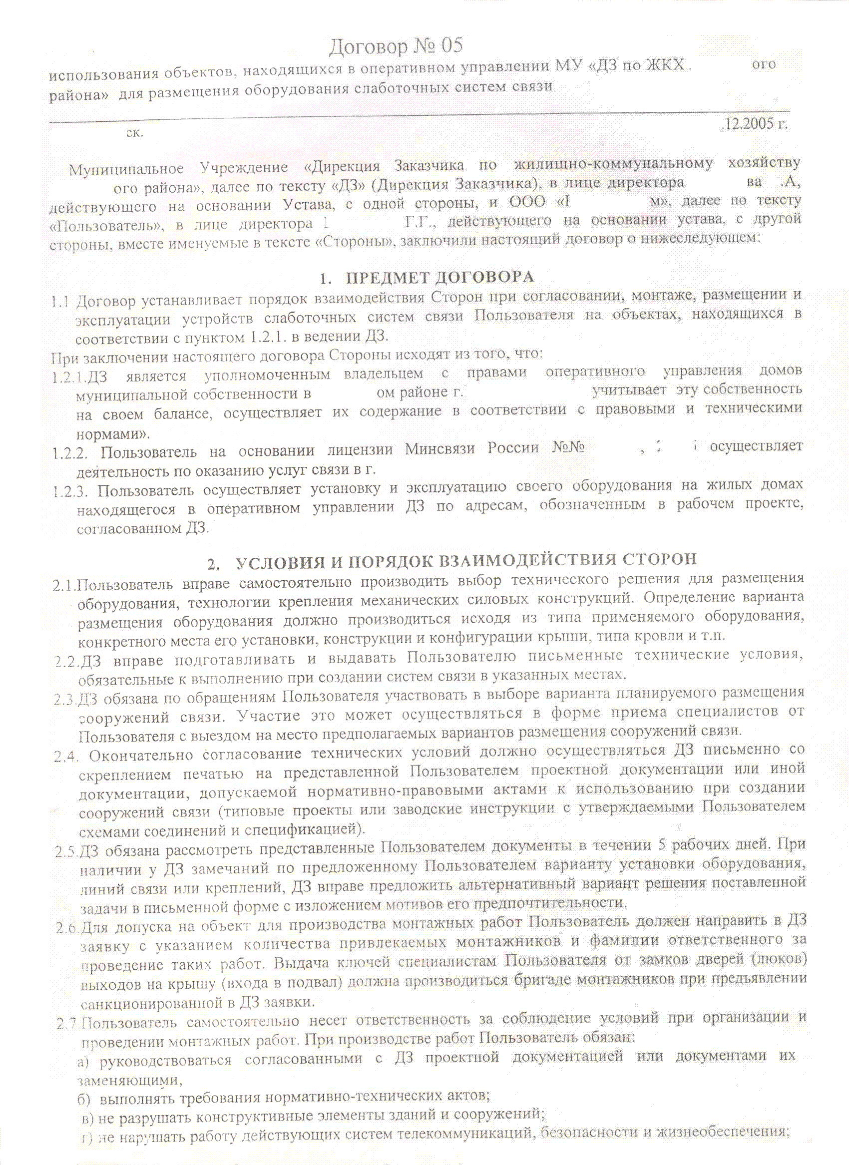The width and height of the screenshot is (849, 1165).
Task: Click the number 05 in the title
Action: [451, 46]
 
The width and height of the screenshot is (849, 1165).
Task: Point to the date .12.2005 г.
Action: [755, 124]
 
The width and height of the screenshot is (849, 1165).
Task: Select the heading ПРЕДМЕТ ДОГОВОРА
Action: [439, 278]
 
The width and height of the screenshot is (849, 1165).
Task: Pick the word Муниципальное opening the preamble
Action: [126, 169]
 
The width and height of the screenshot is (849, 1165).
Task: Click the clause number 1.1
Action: [60, 301]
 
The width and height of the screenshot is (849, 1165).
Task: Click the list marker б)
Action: [84, 1098]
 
